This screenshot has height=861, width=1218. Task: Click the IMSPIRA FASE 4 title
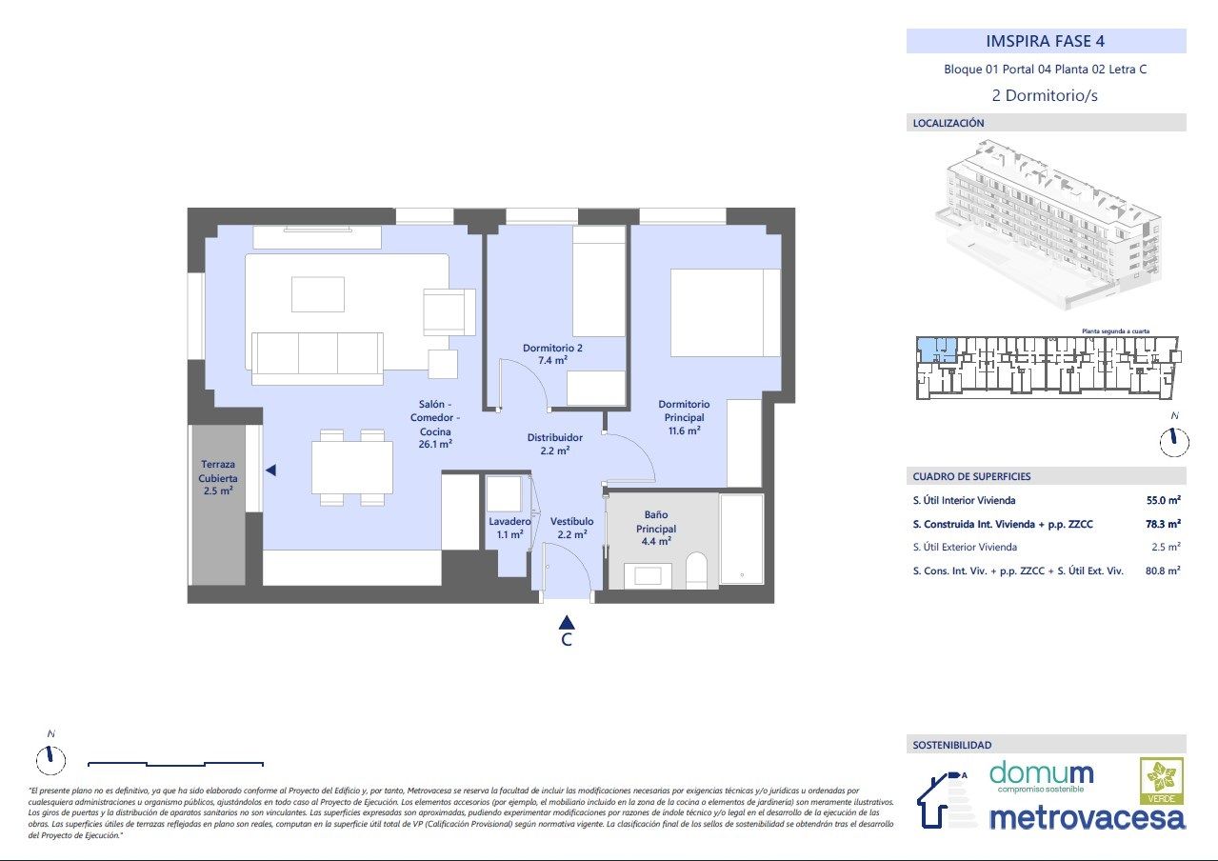1046,41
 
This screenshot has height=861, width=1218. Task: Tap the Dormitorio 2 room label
552,354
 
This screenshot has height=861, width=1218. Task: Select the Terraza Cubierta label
218,477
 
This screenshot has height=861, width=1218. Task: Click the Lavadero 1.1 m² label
509,528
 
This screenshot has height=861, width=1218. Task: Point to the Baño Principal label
656,528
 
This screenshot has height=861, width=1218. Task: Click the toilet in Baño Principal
696,571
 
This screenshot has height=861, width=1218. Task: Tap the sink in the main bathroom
647,575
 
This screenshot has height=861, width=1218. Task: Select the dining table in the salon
352,468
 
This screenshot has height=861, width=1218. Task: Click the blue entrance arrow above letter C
567,621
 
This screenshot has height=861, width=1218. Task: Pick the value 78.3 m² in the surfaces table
1163,523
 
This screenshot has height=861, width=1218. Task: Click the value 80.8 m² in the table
1163,571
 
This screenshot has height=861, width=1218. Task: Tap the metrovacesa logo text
1087,817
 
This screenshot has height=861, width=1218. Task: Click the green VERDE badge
1162,781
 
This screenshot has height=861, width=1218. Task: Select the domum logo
1041,775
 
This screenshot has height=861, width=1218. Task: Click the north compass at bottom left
50,758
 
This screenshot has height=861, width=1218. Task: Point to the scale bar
175,763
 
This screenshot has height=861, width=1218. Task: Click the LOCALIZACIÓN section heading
948,123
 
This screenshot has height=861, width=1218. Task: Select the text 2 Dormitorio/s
1045,95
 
